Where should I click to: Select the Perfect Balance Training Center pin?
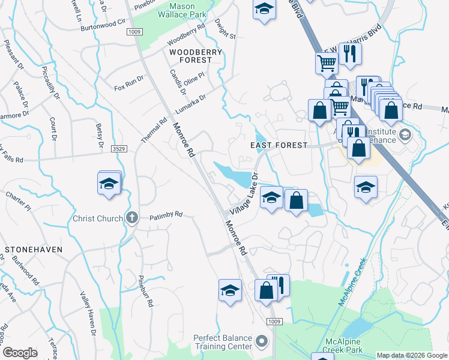[x=261, y=341]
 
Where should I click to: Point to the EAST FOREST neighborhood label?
[x=279, y=145]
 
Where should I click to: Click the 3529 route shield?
[x=118, y=148]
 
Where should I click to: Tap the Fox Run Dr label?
[x=129, y=83]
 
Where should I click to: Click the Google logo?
[x=20, y=353]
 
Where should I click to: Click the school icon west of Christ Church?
[x=110, y=184]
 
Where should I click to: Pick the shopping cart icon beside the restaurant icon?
[x=327, y=61]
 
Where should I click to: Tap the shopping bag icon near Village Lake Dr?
[x=296, y=200]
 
